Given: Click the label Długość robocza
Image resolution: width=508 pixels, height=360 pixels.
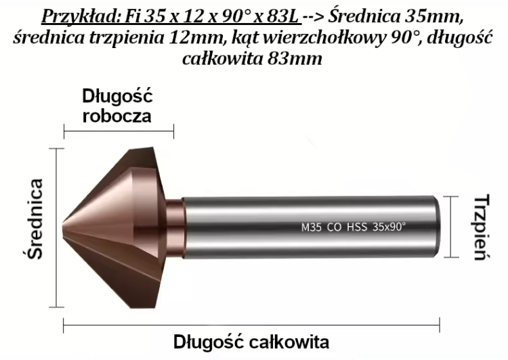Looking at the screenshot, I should click(118, 104).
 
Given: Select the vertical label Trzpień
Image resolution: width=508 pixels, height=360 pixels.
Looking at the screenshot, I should click(480, 227).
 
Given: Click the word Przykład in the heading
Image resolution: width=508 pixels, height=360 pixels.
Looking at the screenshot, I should click(82, 16).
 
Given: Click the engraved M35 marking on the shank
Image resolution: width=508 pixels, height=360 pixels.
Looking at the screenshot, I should click(310, 227).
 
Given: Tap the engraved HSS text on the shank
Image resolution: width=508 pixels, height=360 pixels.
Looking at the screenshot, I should click(356, 227).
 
